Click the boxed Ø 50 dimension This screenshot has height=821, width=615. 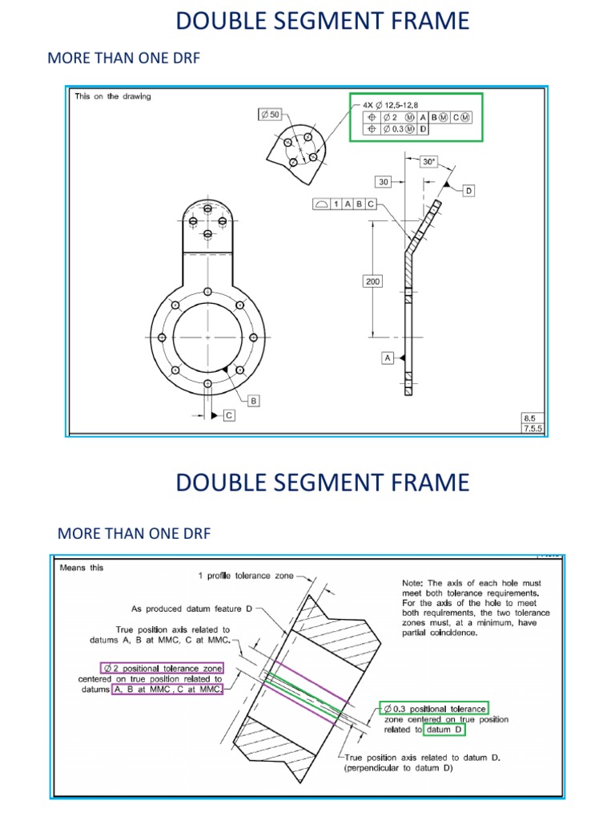tap(271, 115)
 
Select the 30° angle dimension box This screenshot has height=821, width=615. tap(429, 162)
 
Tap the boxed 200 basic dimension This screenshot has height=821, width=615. tap(373, 281)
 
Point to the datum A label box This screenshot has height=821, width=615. tap(388, 358)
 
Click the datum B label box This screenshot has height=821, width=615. tap(254, 400)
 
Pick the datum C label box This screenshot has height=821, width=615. tap(228, 415)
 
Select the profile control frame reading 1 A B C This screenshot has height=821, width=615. tap(345, 204)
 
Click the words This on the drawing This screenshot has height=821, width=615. tap(113, 96)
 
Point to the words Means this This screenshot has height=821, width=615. tap(82, 568)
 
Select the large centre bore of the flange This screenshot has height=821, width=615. tap(207, 338)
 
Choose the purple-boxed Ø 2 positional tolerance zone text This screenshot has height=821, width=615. tap(162, 668)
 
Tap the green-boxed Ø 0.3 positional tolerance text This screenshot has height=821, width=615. tap(433, 709)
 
